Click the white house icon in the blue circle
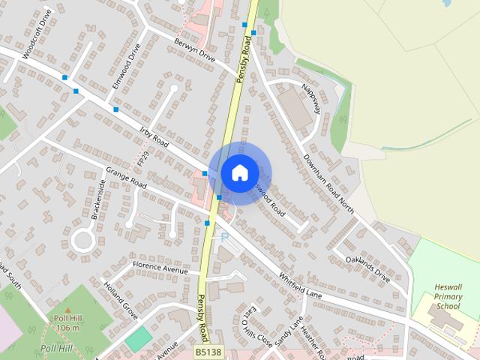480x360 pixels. click(239, 172)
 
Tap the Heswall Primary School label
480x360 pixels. click(448, 296)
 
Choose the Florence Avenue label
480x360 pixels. click(160, 268)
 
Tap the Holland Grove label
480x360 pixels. click(121, 298)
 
